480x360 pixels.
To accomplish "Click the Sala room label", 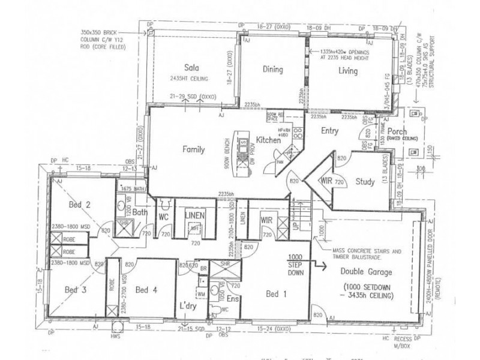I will [191, 67].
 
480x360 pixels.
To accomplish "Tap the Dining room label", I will [272, 70].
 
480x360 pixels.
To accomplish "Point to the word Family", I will [194, 150].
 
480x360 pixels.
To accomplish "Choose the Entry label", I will [330, 131].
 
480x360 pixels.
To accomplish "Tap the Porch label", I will [397, 131].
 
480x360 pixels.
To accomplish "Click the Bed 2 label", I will [79, 205].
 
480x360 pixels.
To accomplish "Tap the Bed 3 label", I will [76, 290].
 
